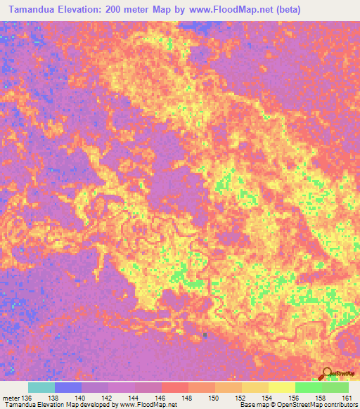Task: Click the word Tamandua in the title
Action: tap(34, 9)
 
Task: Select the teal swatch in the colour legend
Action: tap(41, 387)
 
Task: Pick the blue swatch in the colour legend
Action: tap(68, 387)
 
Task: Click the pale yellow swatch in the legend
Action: tap(281, 387)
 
